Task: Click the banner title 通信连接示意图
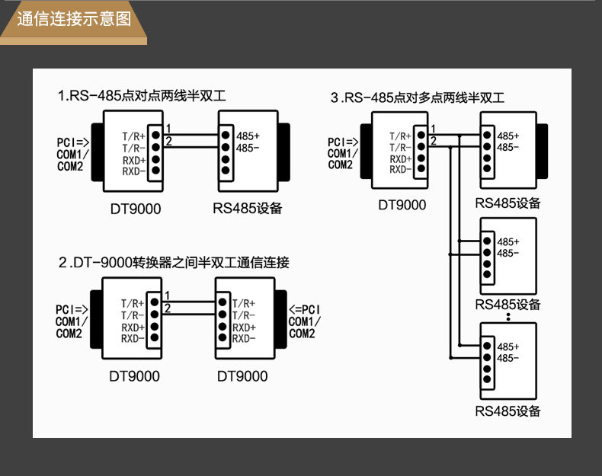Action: [x=74, y=19]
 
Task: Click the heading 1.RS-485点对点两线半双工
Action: [x=142, y=95]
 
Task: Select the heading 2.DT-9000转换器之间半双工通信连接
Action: [x=174, y=262]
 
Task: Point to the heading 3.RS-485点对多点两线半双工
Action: [x=418, y=97]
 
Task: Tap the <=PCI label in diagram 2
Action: [x=305, y=309]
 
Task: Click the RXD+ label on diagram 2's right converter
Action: [x=244, y=327]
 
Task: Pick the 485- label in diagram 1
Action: [x=248, y=148]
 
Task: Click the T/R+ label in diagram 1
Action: [x=133, y=136]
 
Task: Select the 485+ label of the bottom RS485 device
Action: [x=508, y=347]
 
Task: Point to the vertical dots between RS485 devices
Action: [x=508, y=317]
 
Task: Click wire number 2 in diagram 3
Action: [x=434, y=141]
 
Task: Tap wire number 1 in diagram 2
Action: [x=168, y=296]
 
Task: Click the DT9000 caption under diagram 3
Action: [x=402, y=205]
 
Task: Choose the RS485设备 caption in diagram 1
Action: [x=248, y=208]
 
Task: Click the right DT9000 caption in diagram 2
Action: [x=242, y=376]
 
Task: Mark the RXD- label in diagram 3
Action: [x=401, y=169]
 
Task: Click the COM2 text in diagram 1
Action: [x=70, y=166]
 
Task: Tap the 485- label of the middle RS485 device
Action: [x=508, y=253]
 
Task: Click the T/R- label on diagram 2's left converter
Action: [x=133, y=315]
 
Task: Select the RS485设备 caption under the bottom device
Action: [x=508, y=411]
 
